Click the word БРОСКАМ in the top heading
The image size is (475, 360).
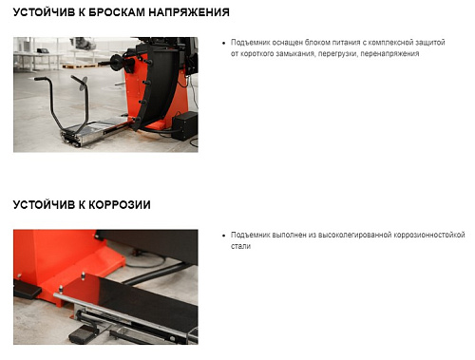tap(116, 12)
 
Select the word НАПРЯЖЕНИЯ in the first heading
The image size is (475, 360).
tap(189, 12)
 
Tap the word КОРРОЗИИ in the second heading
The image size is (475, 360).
tap(119, 205)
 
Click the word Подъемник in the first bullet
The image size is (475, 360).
tap(250, 43)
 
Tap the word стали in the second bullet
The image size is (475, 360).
tap(240, 246)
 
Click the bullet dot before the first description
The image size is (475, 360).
tap(224, 43)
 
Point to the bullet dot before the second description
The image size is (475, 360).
tap(224, 236)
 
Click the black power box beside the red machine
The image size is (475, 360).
tap(184, 125)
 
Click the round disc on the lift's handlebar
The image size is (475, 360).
tap(84, 84)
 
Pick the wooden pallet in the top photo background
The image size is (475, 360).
tap(80, 66)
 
